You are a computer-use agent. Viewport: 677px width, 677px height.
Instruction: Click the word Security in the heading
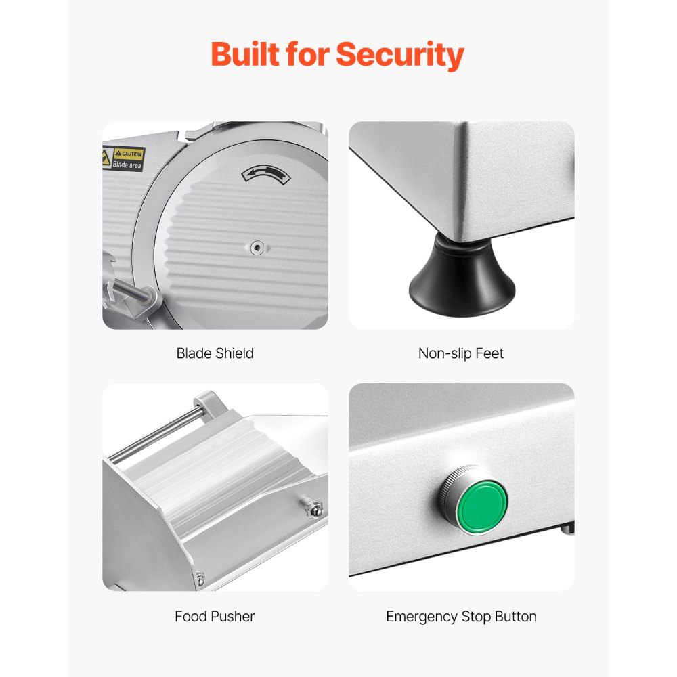click(400, 54)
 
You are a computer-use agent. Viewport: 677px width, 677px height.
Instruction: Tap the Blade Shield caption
click(215, 353)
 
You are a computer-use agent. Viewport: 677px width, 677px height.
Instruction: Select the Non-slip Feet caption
click(461, 353)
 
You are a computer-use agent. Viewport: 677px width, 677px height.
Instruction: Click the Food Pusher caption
click(215, 616)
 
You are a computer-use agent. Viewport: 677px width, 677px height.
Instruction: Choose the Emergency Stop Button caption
click(461, 616)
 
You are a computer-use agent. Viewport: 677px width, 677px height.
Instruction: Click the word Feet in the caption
click(490, 353)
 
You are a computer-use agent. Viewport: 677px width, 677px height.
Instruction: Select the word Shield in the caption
click(234, 353)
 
